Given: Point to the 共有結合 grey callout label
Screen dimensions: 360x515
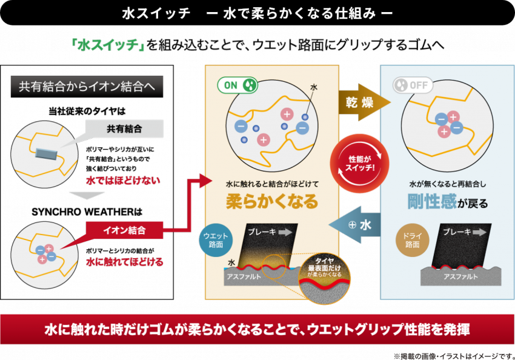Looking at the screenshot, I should [124, 128].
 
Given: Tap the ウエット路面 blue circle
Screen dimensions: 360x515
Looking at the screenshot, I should [216, 241].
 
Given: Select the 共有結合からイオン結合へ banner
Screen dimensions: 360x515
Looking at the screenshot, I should [87, 86].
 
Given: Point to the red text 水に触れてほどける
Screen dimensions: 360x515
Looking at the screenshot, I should [124, 262].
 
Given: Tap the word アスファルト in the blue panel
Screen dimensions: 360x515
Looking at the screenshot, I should [462, 276].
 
